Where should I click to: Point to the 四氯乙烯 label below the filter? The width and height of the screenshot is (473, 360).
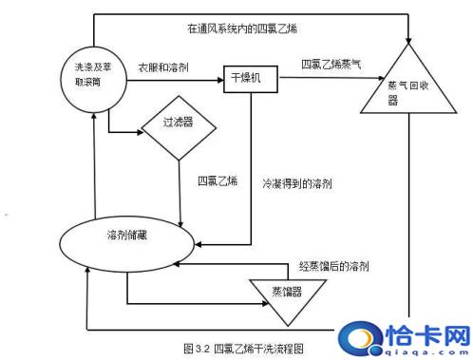pyautogui.click(x=218, y=181)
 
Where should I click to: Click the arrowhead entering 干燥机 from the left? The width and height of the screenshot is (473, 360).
pyautogui.click(x=219, y=76)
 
